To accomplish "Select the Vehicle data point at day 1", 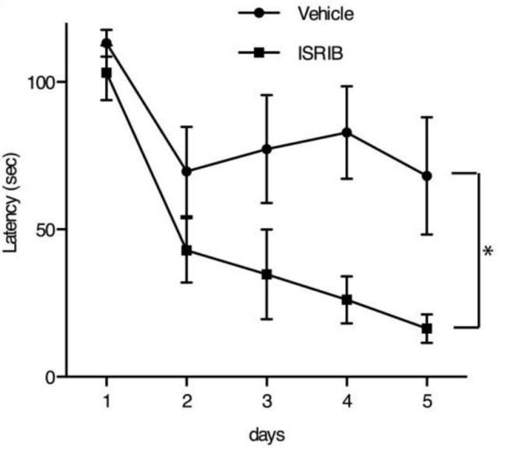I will (x=107, y=43).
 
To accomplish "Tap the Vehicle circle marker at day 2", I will (x=186, y=171).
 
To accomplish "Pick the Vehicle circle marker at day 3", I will (x=266, y=149).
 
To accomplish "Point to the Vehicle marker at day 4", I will (x=346, y=132).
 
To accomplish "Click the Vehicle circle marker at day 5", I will (x=427, y=176).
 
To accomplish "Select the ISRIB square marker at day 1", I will (x=107, y=72).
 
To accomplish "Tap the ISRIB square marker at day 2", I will (x=186, y=250).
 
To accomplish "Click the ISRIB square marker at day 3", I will (x=266, y=274).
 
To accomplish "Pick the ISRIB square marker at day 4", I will (x=346, y=300).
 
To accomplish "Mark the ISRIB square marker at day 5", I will (x=427, y=329).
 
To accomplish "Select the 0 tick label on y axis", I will (x=52, y=378).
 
